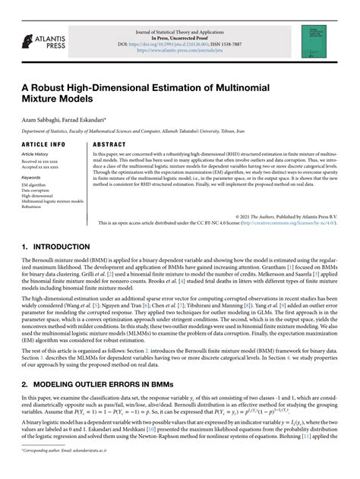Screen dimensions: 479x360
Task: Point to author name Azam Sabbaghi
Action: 42,121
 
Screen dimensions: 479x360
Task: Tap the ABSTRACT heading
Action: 112,143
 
